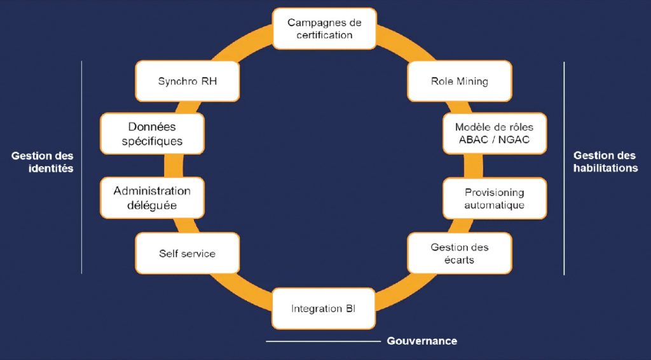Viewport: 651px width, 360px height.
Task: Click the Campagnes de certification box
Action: [324, 29]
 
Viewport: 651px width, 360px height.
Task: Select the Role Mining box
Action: [459, 81]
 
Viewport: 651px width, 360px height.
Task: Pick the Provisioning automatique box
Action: [494, 198]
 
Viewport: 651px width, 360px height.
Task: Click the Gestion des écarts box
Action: [459, 253]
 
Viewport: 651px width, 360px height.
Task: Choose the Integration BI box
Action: [324, 308]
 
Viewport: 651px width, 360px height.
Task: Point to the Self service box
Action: [187, 253]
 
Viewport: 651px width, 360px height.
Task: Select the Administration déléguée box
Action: [152, 198]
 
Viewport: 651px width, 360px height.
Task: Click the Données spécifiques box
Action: [152, 134]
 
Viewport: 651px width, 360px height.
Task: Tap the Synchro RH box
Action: [187, 81]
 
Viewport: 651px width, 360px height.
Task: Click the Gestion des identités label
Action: [43, 162]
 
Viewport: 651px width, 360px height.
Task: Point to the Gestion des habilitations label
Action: [605, 162]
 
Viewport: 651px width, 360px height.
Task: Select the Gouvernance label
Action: [421, 341]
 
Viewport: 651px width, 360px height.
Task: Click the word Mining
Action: [472, 81]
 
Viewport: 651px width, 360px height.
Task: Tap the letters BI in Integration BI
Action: [350, 308]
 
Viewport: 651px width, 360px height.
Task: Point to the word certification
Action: [324, 35]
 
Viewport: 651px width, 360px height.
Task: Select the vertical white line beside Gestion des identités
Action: [81, 167]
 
